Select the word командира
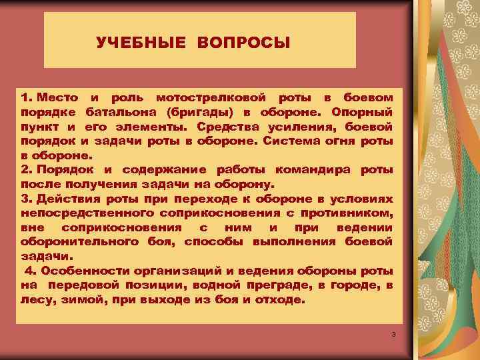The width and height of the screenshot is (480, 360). [x=317, y=169]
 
